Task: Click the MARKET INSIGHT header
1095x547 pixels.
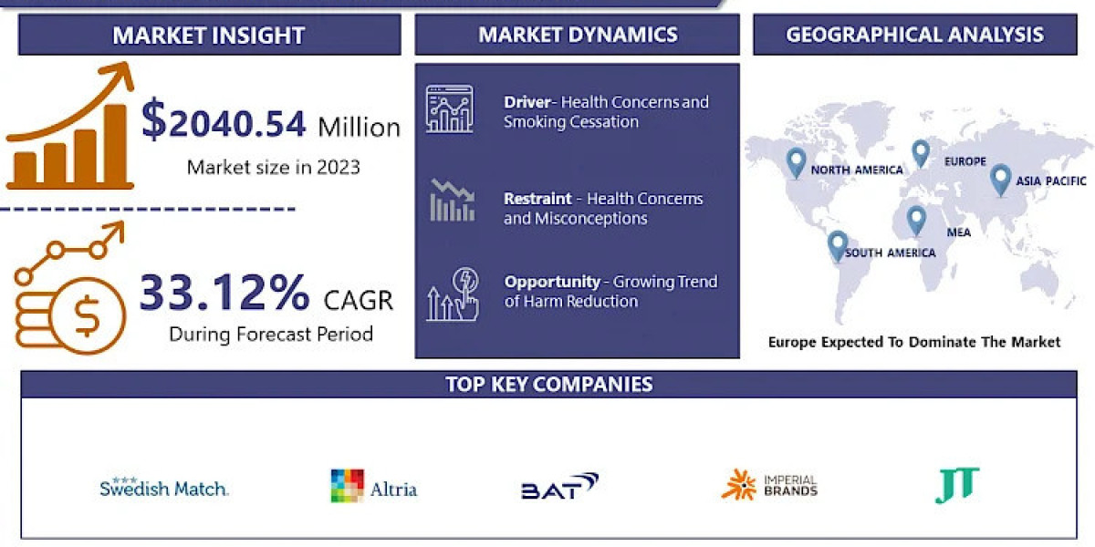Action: point(209,36)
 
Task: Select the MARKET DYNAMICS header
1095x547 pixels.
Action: point(578,35)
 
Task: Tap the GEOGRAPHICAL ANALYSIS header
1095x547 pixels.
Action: point(915,35)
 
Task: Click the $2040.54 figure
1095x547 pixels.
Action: point(224,123)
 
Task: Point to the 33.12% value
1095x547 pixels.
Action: point(224,294)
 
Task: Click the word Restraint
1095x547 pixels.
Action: point(537,199)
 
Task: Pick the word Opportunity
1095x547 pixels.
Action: point(552,282)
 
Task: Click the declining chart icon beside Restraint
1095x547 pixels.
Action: point(452,201)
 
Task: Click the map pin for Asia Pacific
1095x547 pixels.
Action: point(1000,179)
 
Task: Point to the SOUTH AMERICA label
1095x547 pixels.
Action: point(890,253)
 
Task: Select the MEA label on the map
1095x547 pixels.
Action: point(958,232)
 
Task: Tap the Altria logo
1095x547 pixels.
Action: point(373,487)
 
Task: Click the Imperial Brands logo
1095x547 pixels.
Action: point(769,485)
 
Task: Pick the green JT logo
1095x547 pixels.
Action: point(957,484)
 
